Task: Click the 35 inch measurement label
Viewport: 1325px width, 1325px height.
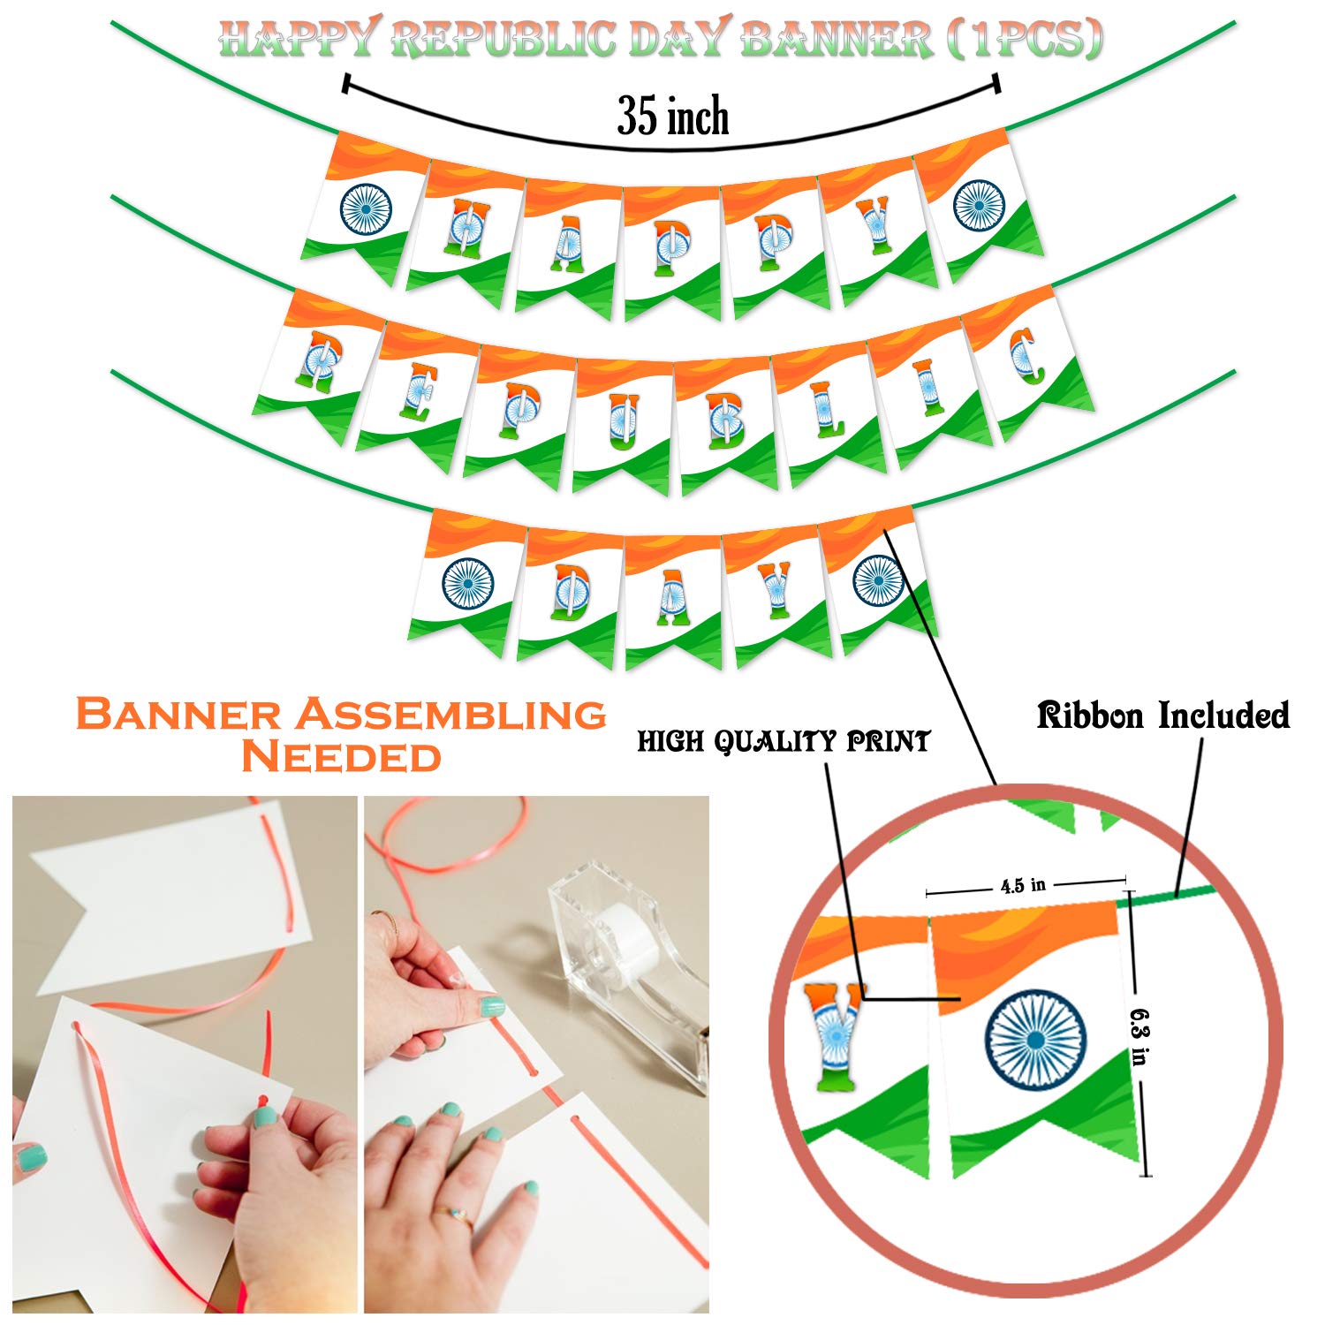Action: pos(673,117)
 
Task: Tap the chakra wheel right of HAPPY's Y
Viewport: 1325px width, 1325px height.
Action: pos(979,204)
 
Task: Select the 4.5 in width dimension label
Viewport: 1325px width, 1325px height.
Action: pos(1023,884)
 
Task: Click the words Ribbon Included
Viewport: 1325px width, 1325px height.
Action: pos(1162,715)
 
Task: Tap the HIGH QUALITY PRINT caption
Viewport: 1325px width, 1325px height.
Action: pos(784,741)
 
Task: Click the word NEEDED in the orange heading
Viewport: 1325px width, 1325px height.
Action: pos(341,757)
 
